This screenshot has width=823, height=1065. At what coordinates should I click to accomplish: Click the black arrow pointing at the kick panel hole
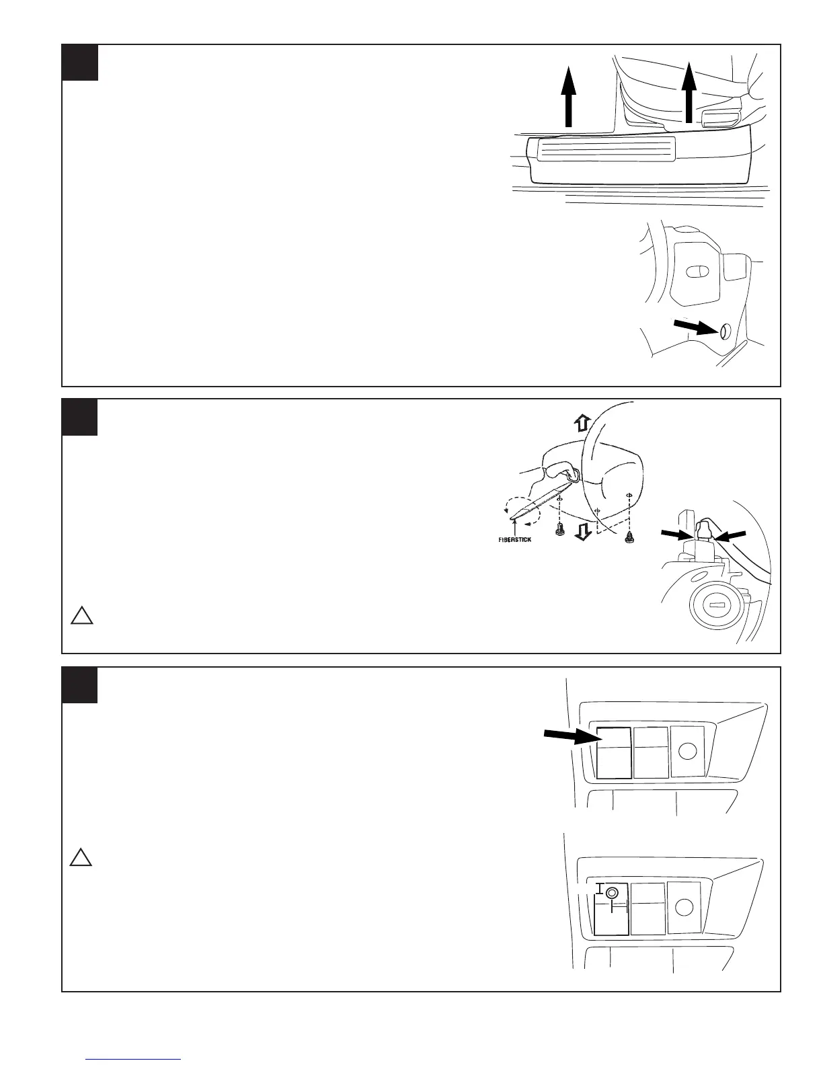click(695, 328)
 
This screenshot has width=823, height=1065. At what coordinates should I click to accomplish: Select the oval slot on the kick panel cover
click(697, 271)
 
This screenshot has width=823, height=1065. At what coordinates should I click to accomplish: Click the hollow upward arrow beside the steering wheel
click(582, 422)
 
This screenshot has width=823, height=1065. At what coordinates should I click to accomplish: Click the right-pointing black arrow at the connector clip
click(676, 534)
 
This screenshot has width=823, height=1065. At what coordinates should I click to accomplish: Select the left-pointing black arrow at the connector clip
click(730, 535)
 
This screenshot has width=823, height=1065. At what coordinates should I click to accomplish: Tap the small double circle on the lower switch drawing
click(611, 893)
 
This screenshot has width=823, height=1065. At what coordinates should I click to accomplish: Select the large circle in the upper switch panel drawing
click(687, 751)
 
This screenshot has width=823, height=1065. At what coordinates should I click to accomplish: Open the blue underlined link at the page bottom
click(133, 1059)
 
